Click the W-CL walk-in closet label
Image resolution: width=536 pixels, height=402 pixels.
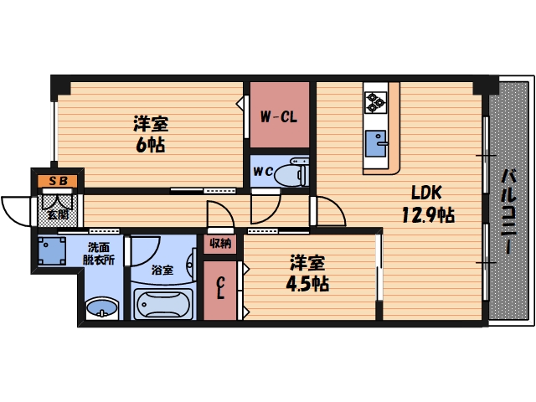(279, 117)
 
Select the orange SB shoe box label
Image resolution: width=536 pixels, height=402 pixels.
(57, 180)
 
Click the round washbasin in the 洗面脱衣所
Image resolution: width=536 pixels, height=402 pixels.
(101, 307)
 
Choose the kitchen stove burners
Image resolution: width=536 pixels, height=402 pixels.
(374, 101)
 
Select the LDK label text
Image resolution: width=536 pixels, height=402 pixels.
(425, 191)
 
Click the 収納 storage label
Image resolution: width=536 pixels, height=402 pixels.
(221, 244)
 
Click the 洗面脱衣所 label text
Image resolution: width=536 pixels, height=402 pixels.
(100, 254)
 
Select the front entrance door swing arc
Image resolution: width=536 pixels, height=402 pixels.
(15, 209)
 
